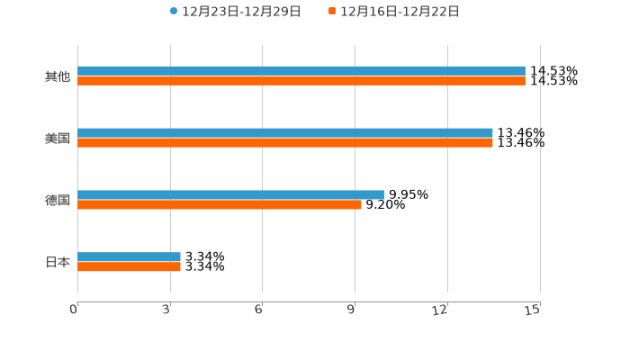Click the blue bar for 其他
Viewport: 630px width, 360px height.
[x=301, y=71]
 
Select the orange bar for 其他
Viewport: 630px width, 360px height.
[x=301, y=81]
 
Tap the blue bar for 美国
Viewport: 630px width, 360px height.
[x=285, y=133]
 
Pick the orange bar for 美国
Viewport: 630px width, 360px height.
[x=285, y=143]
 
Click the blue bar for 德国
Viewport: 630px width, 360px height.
[x=230, y=195]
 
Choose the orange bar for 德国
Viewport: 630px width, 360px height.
[x=220, y=205]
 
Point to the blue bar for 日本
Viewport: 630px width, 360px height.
[x=129, y=257]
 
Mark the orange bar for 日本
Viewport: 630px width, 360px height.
[x=129, y=267]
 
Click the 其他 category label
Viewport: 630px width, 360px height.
[x=57, y=76]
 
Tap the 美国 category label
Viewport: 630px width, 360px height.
[x=57, y=139]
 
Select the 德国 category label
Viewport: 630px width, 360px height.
[x=57, y=201]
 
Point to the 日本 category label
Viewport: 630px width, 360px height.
[x=57, y=263]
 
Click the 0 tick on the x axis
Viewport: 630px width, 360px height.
[x=75, y=310]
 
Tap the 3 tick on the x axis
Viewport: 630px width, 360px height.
[x=167, y=310]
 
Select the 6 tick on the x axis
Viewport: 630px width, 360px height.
[x=259, y=310]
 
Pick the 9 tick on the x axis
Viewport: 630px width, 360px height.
[x=352, y=310]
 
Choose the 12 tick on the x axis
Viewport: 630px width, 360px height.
[x=441, y=310]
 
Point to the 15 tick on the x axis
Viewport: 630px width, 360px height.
[x=534, y=310]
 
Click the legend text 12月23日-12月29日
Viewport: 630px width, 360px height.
[x=241, y=12]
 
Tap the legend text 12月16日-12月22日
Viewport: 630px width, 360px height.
[x=400, y=12]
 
